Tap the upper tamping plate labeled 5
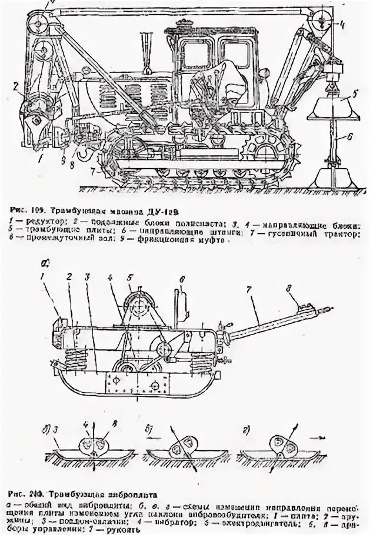click(x=329, y=105)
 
